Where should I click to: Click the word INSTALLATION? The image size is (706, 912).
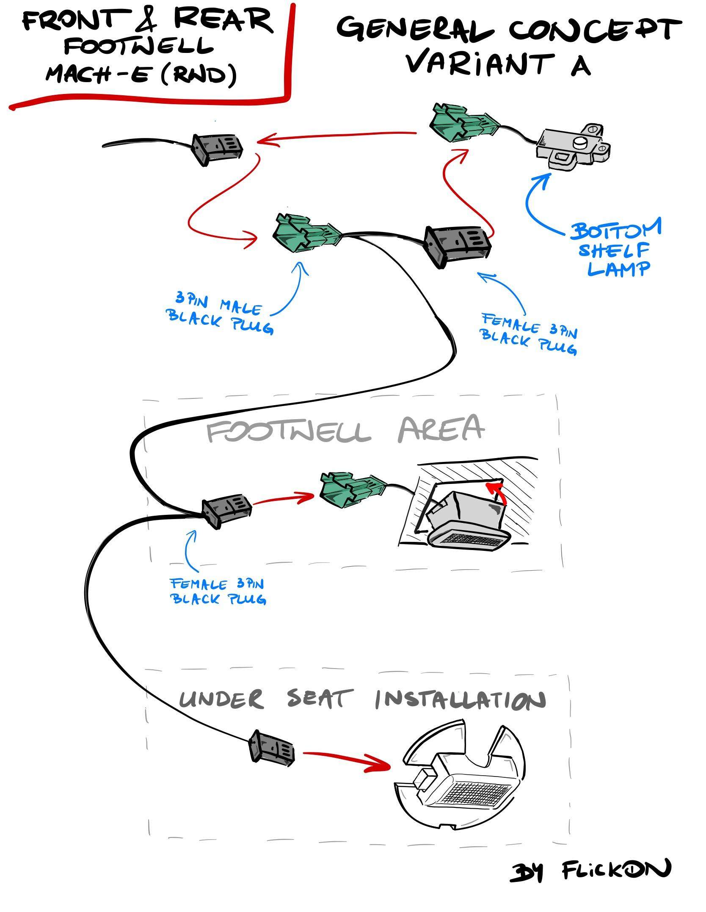coord(459,701)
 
